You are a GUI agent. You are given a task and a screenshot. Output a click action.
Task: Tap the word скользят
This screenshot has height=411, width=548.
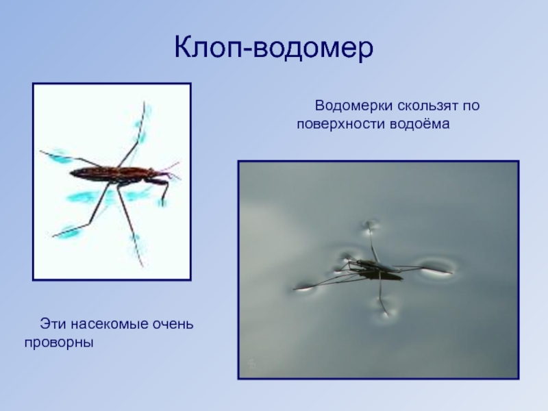click(424, 106)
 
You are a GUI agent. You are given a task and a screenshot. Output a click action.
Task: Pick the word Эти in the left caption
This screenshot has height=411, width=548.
click(51, 322)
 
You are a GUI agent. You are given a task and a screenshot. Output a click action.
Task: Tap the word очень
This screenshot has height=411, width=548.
click(172, 322)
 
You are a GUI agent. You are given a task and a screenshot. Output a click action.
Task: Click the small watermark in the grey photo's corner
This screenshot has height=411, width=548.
click(252, 364)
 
